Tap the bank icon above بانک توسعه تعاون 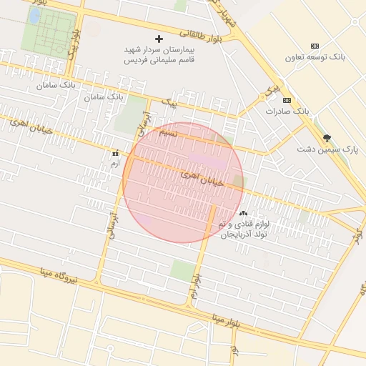point(315,46)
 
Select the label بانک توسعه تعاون point(315,57)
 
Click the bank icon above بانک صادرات point(287,100)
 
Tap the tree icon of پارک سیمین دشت point(327,137)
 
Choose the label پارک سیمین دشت point(327,149)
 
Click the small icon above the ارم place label point(115,153)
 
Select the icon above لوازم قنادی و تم point(243,213)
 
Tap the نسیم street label point(167,133)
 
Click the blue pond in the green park point(34,15)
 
